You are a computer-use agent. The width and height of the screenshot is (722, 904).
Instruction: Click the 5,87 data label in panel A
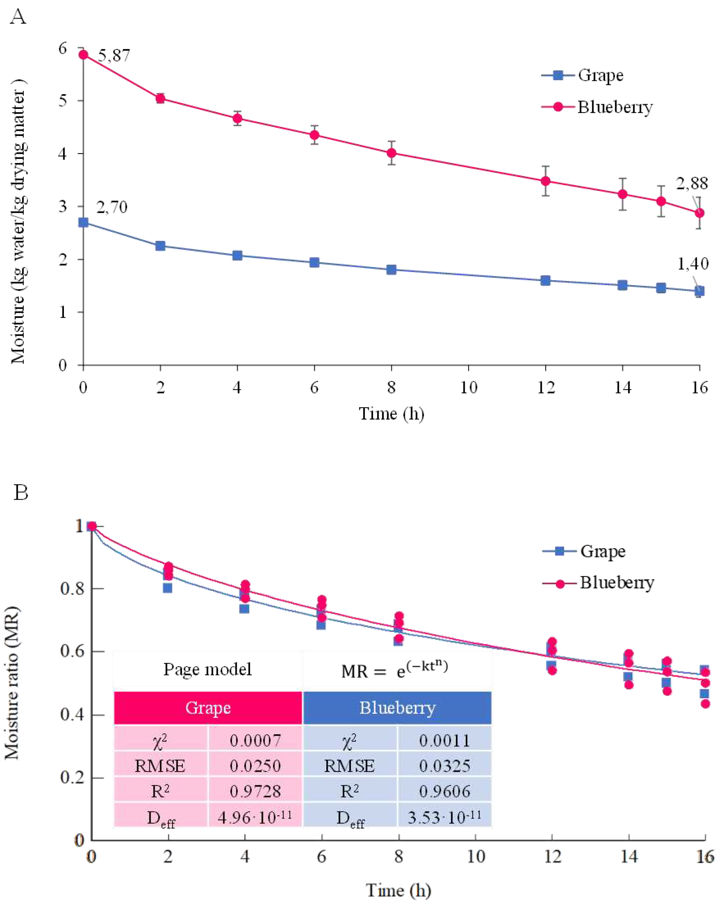[114, 56]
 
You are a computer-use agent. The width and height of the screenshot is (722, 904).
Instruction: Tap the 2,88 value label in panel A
[691, 184]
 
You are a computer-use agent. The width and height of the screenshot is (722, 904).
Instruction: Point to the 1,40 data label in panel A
[693, 264]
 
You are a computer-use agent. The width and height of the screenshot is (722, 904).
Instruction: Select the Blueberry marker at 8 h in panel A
[391, 153]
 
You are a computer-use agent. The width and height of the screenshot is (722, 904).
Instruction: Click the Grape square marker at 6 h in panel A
[314, 263]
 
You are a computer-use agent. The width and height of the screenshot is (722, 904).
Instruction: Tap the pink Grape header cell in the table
[208, 708]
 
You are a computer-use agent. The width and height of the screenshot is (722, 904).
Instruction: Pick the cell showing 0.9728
[255, 791]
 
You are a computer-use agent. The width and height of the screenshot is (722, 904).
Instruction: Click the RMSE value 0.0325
[444, 766]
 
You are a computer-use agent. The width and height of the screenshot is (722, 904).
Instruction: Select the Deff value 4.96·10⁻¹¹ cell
[255, 817]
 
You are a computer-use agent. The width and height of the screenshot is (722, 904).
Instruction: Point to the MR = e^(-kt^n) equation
[394, 670]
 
